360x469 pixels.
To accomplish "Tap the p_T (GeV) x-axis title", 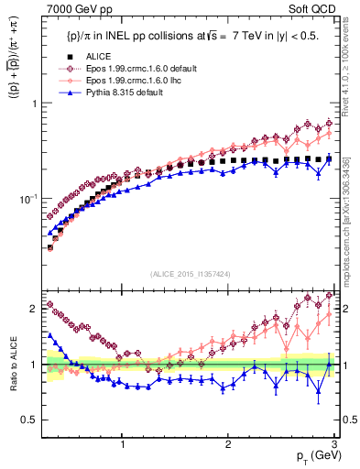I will pyautogui.click(x=313, y=455).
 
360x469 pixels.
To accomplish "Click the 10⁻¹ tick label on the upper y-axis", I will pyautogui.click(x=29, y=199).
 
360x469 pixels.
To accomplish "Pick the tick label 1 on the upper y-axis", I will pyautogui.click(x=35, y=103).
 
